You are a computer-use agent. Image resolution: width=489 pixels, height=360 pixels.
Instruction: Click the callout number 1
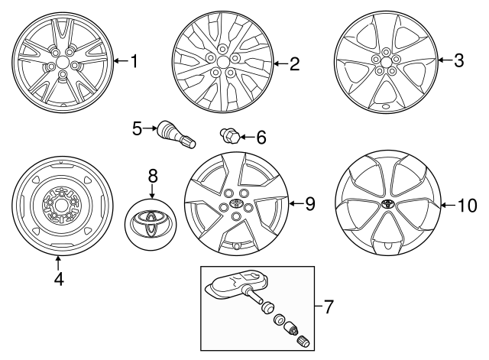134,61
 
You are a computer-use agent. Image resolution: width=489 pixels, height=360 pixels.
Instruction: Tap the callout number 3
458,61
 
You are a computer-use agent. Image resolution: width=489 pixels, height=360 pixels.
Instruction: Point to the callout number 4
59,279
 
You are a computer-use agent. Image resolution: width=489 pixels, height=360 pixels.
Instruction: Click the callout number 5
138,129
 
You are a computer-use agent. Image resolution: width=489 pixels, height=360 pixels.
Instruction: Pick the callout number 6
261,138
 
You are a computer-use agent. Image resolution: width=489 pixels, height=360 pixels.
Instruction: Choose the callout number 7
329,307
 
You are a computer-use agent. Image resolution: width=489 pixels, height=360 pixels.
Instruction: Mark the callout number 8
152,176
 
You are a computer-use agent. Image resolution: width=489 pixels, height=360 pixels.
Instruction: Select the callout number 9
309,203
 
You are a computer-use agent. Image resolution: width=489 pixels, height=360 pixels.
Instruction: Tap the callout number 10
466,205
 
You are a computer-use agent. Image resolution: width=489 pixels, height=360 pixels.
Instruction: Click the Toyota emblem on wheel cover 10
388,205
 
